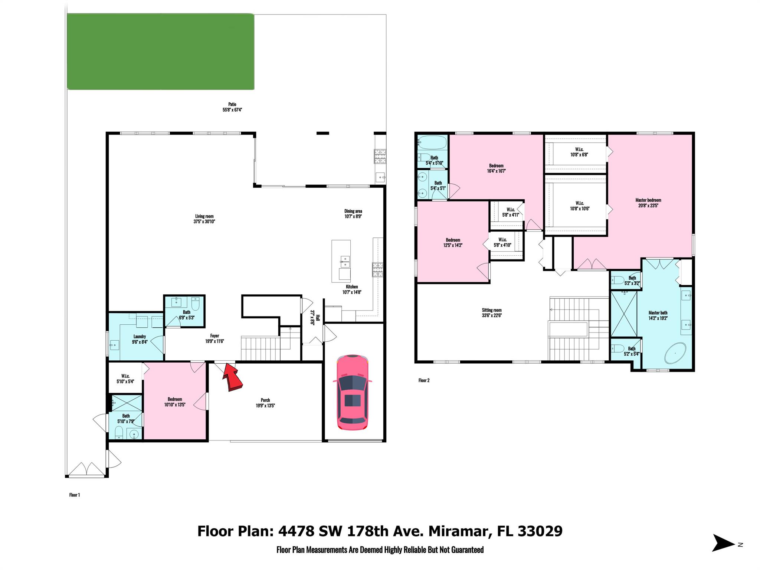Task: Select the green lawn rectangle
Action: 160,52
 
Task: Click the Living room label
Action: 204,219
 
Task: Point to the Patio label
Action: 232,107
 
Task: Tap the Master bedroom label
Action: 648,203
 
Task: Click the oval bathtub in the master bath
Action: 675,353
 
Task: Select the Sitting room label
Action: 492,313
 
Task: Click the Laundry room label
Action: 140,339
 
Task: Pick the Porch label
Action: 265,403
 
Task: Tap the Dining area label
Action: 353,214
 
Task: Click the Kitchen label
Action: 352,289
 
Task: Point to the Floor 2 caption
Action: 424,380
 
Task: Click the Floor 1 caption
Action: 75,495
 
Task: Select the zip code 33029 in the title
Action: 540,531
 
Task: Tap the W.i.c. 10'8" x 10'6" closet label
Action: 580,206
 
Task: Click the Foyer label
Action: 214,338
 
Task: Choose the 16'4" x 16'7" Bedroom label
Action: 496,168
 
